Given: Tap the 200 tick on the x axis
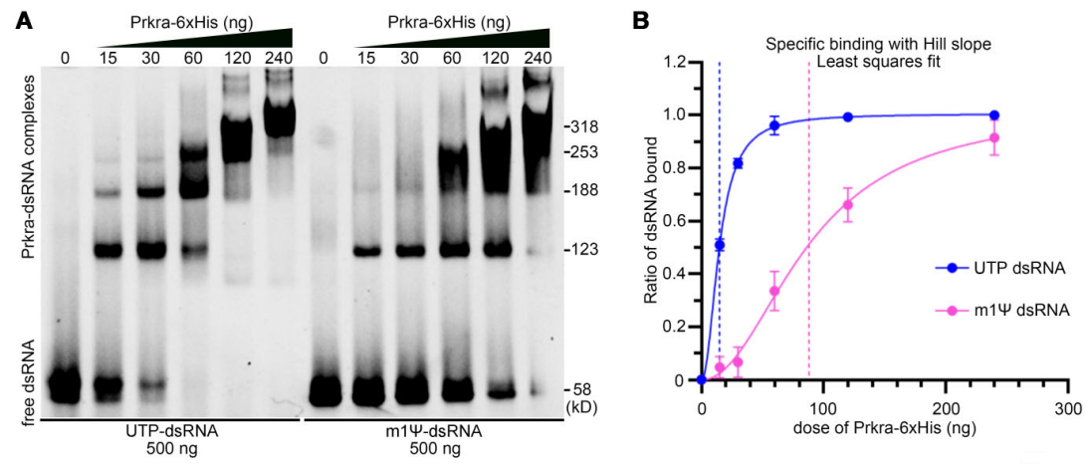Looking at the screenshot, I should coord(946,408).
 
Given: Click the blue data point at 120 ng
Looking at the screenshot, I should coord(848,116).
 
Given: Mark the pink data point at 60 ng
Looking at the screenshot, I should coord(774,292).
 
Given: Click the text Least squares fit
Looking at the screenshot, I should coord(879,63).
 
